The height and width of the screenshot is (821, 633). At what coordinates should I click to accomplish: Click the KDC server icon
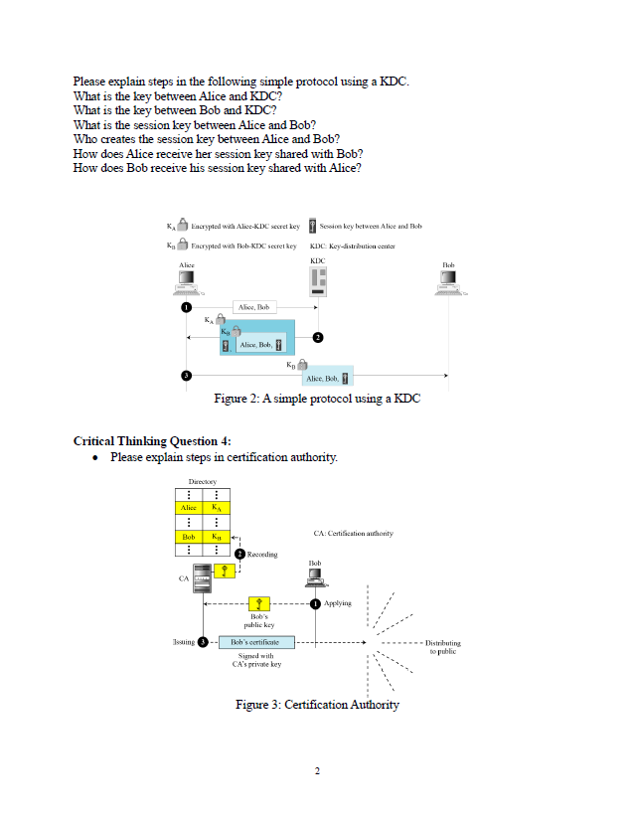pyautogui.click(x=318, y=286)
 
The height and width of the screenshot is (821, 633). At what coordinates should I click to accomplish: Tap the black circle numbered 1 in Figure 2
pyautogui.click(x=185, y=308)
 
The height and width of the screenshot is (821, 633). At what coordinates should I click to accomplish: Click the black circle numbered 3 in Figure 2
pyautogui.click(x=185, y=376)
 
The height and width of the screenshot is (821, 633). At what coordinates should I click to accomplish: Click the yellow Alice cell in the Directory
pyautogui.click(x=187, y=508)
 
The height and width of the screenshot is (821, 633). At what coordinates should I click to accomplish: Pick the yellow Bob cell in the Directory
pyautogui.click(x=187, y=538)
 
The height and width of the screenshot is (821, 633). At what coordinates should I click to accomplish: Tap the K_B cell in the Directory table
pyautogui.click(x=217, y=538)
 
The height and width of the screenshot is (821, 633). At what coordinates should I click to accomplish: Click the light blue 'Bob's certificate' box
pyautogui.click(x=255, y=642)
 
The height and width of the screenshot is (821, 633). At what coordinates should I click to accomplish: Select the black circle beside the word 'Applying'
pyautogui.click(x=315, y=603)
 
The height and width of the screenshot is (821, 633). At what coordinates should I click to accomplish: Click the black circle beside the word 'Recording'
pyautogui.click(x=239, y=554)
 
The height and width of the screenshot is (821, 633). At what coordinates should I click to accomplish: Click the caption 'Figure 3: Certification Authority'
pyautogui.click(x=317, y=705)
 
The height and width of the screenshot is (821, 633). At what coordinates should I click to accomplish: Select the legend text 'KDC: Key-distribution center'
pyautogui.click(x=353, y=245)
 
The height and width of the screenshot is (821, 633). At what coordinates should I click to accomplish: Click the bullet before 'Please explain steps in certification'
pyautogui.click(x=93, y=458)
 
